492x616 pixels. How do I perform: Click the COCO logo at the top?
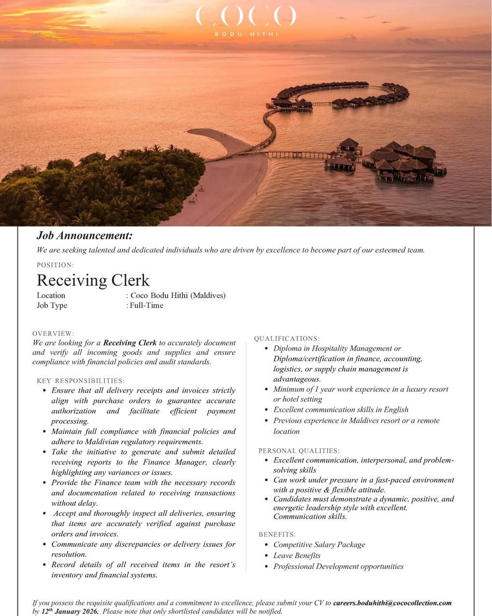246,16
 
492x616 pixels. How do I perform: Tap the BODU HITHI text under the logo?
246,34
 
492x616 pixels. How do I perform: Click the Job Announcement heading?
84,236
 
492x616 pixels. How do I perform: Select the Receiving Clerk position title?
93,280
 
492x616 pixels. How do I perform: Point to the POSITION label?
55,265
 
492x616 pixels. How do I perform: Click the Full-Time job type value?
146,305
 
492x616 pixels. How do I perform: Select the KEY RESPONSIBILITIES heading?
81,381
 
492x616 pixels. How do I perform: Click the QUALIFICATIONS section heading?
287,338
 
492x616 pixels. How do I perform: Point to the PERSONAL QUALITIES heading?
299,451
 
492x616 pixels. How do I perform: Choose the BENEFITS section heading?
277,534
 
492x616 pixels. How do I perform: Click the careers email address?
392,603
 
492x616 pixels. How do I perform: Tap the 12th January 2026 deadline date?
70,612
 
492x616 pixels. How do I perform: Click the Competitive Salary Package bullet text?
319,544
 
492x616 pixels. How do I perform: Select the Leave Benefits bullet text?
297,556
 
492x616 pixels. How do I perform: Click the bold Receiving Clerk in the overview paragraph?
130,343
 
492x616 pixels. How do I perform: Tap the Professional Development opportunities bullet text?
338,566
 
